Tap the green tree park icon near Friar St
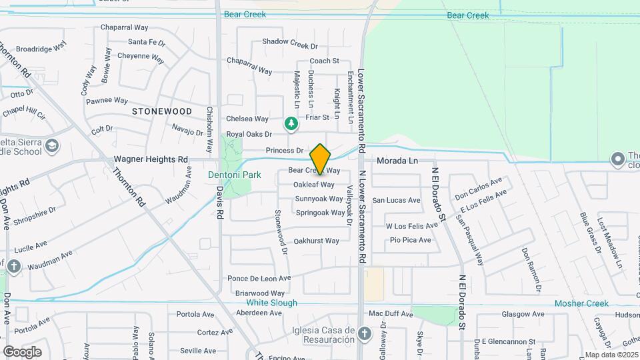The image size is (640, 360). (x=291, y=123)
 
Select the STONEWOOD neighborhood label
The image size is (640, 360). (x=162, y=111)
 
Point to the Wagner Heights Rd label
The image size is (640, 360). (x=151, y=160)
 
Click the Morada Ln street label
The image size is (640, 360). (x=397, y=161)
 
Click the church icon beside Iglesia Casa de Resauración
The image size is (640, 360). (x=364, y=333)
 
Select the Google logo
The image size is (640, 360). (x=21, y=352)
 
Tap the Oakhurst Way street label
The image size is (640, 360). (x=317, y=241)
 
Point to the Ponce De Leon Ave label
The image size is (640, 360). (x=259, y=278)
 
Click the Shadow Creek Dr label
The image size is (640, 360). (x=290, y=41)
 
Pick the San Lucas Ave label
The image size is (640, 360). (x=396, y=200)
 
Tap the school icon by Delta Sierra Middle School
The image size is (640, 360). (x=52, y=145)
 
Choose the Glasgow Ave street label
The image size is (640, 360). (x=523, y=314)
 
